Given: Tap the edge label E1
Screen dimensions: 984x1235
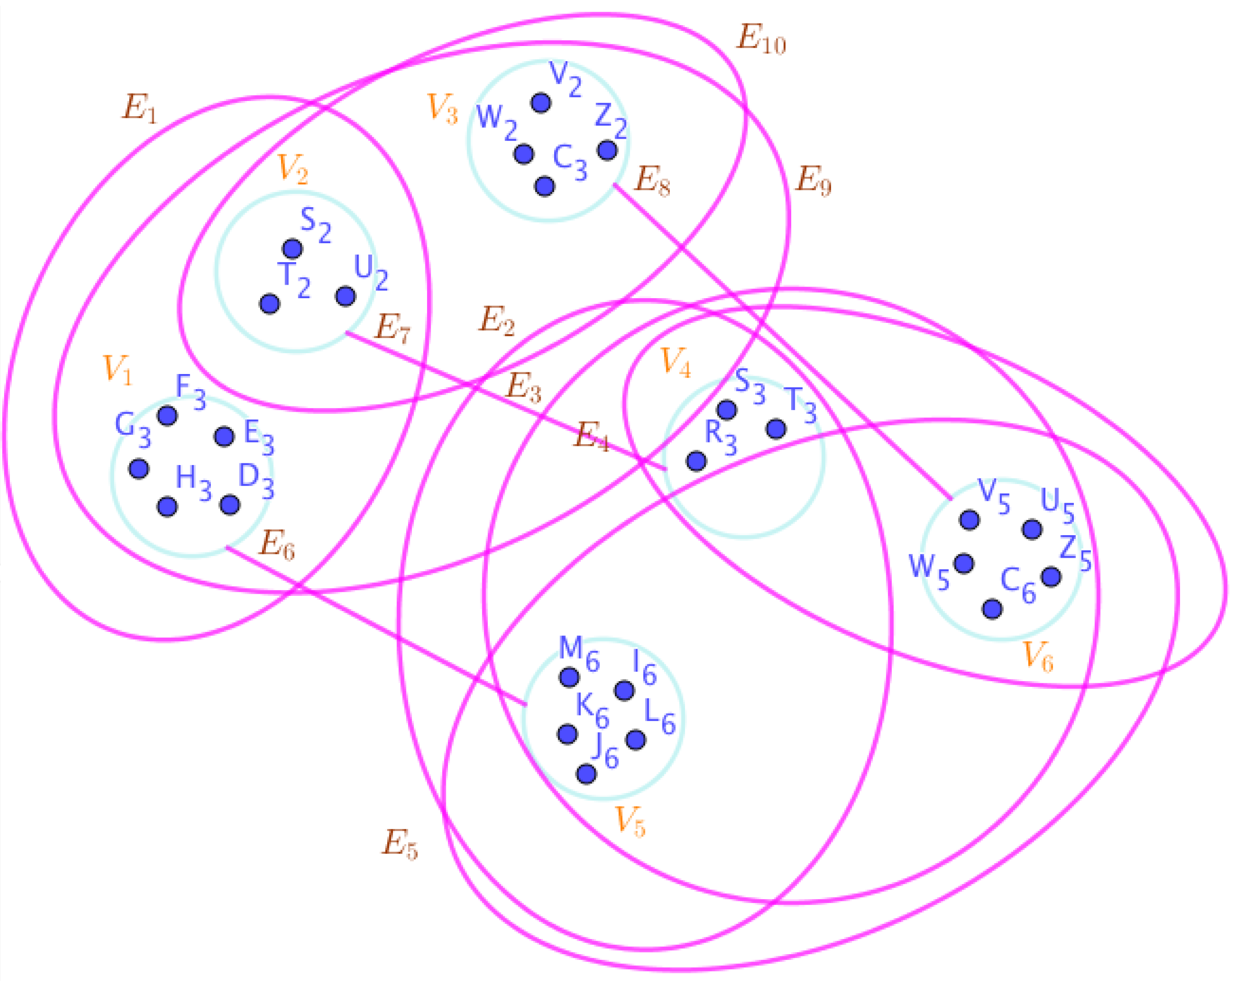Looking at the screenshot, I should [139, 108].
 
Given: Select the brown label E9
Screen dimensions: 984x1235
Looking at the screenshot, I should [813, 180].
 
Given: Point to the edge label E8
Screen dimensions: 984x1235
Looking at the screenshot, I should [653, 182].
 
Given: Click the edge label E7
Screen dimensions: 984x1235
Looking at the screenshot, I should [392, 330].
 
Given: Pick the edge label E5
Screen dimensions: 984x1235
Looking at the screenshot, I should [400, 845].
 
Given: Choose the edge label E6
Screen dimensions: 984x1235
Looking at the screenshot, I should [277, 545].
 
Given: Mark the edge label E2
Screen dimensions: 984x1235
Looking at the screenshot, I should [497, 321].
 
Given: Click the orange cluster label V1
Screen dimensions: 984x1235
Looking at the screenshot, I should [117, 369].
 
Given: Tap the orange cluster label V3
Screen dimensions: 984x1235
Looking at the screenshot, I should [443, 108].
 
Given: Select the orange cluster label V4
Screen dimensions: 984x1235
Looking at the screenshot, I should [676, 363].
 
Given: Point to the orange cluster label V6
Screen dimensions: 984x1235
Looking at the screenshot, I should [1038, 657].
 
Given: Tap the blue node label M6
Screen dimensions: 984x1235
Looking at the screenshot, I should [579, 654].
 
